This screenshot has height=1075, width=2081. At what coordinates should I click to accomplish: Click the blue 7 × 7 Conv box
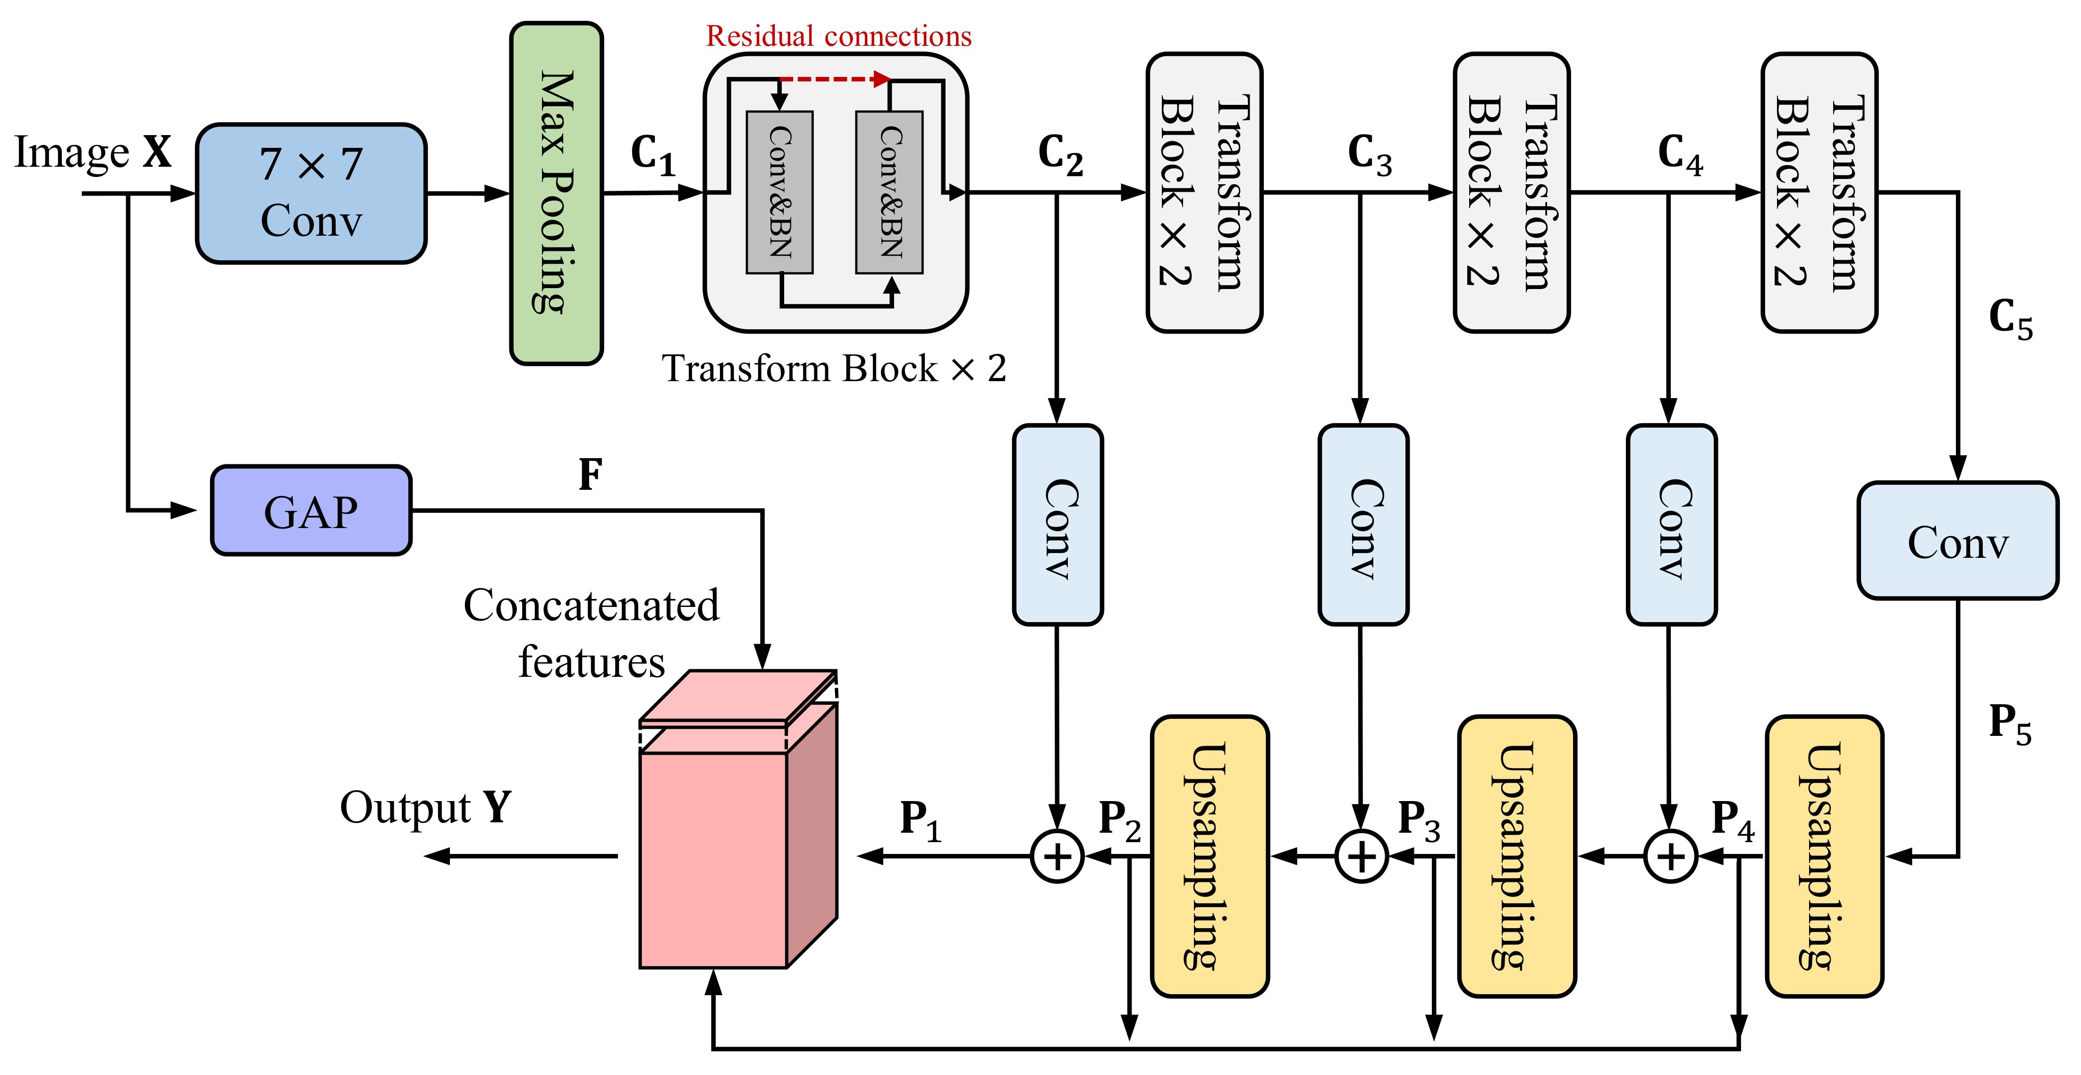(x=311, y=193)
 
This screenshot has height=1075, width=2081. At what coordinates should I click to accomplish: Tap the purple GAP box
(x=311, y=511)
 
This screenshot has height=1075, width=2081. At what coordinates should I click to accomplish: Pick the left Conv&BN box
(x=779, y=192)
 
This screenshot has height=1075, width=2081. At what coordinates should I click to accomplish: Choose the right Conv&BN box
(x=889, y=192)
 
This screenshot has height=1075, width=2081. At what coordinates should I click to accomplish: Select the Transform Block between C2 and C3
(x=1204, y=192)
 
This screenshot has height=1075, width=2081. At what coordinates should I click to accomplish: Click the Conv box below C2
(x=1057, y=525)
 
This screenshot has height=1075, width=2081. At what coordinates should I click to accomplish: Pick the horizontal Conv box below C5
(x=1957, y=541)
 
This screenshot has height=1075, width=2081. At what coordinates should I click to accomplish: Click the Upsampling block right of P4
(x=1824, y=856)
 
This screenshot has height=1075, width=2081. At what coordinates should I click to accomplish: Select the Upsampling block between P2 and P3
(x=1210, y=856)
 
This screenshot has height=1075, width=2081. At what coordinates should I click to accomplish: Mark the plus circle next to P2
(x=1057, y=856)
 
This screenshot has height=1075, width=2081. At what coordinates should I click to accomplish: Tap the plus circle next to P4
(x=1671, y=856)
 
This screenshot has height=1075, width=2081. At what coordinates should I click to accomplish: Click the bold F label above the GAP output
(x=591, y=475)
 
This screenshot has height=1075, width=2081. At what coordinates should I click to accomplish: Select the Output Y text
(x=426, y=808)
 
